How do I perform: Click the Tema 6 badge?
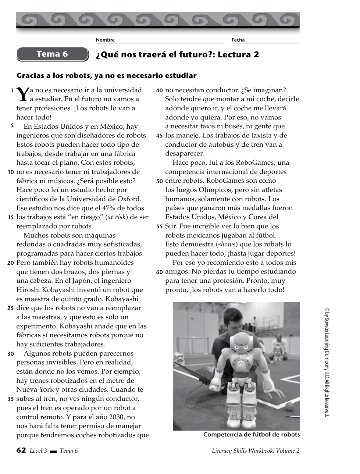[52, 54]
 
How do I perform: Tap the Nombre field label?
[105, 40]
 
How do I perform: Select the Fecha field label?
[238, 40]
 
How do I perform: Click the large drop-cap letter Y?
[23, 95]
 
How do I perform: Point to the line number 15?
[11, 217]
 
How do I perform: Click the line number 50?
[159, 181]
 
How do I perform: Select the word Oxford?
[129, 199]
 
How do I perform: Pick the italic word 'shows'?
[227, 244]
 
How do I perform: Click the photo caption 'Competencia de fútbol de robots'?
[252, 435]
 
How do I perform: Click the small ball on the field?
[290, 406]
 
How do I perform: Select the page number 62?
[21, 450]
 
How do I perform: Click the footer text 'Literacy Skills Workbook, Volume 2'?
[256, 451]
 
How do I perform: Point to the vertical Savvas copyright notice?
[327, 362]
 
